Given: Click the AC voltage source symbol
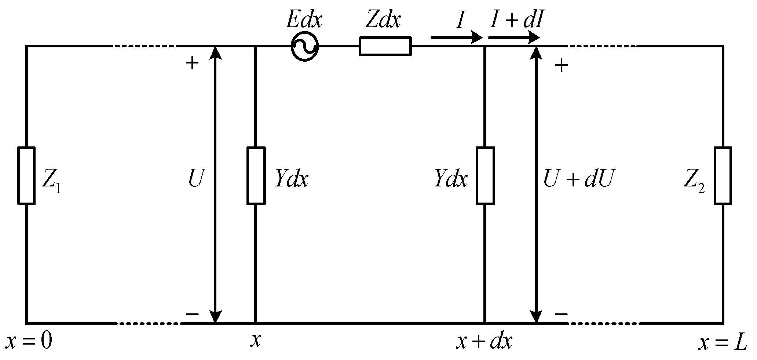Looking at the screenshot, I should click(304, 47).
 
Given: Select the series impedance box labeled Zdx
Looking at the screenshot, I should click(385, 47).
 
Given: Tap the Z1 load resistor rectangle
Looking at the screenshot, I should click(26, 175).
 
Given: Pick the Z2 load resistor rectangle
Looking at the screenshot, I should click(723, 175).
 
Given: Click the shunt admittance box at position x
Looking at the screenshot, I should click(256, 175).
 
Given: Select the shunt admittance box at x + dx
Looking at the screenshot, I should click(485, 175).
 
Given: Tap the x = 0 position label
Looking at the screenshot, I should click(29, 341).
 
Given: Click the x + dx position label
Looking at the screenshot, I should click(484, 342).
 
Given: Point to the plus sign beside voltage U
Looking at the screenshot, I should click(192, 63).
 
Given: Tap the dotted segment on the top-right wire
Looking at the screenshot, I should click(601, 46).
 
